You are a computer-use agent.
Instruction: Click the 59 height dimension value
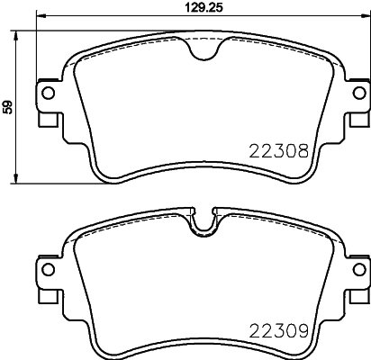9,107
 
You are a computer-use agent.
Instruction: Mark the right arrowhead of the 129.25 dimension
364,17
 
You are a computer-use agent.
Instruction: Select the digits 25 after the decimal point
214,7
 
